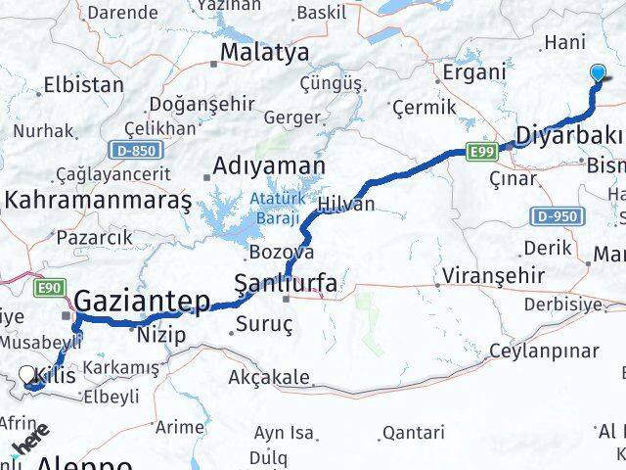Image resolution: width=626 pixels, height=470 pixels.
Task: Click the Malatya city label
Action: click(x=264, y=51)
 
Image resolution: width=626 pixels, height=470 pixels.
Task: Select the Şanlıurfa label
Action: click(x=287, y=284)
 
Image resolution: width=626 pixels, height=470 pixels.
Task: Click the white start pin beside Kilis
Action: click(x=27, y=374)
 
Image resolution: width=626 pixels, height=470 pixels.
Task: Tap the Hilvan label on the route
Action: click(x=346, y=204)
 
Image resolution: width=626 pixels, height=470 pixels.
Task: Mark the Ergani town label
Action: click(x=474, y=71)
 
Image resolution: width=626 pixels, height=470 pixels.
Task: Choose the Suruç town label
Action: click(x=259, y=322)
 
